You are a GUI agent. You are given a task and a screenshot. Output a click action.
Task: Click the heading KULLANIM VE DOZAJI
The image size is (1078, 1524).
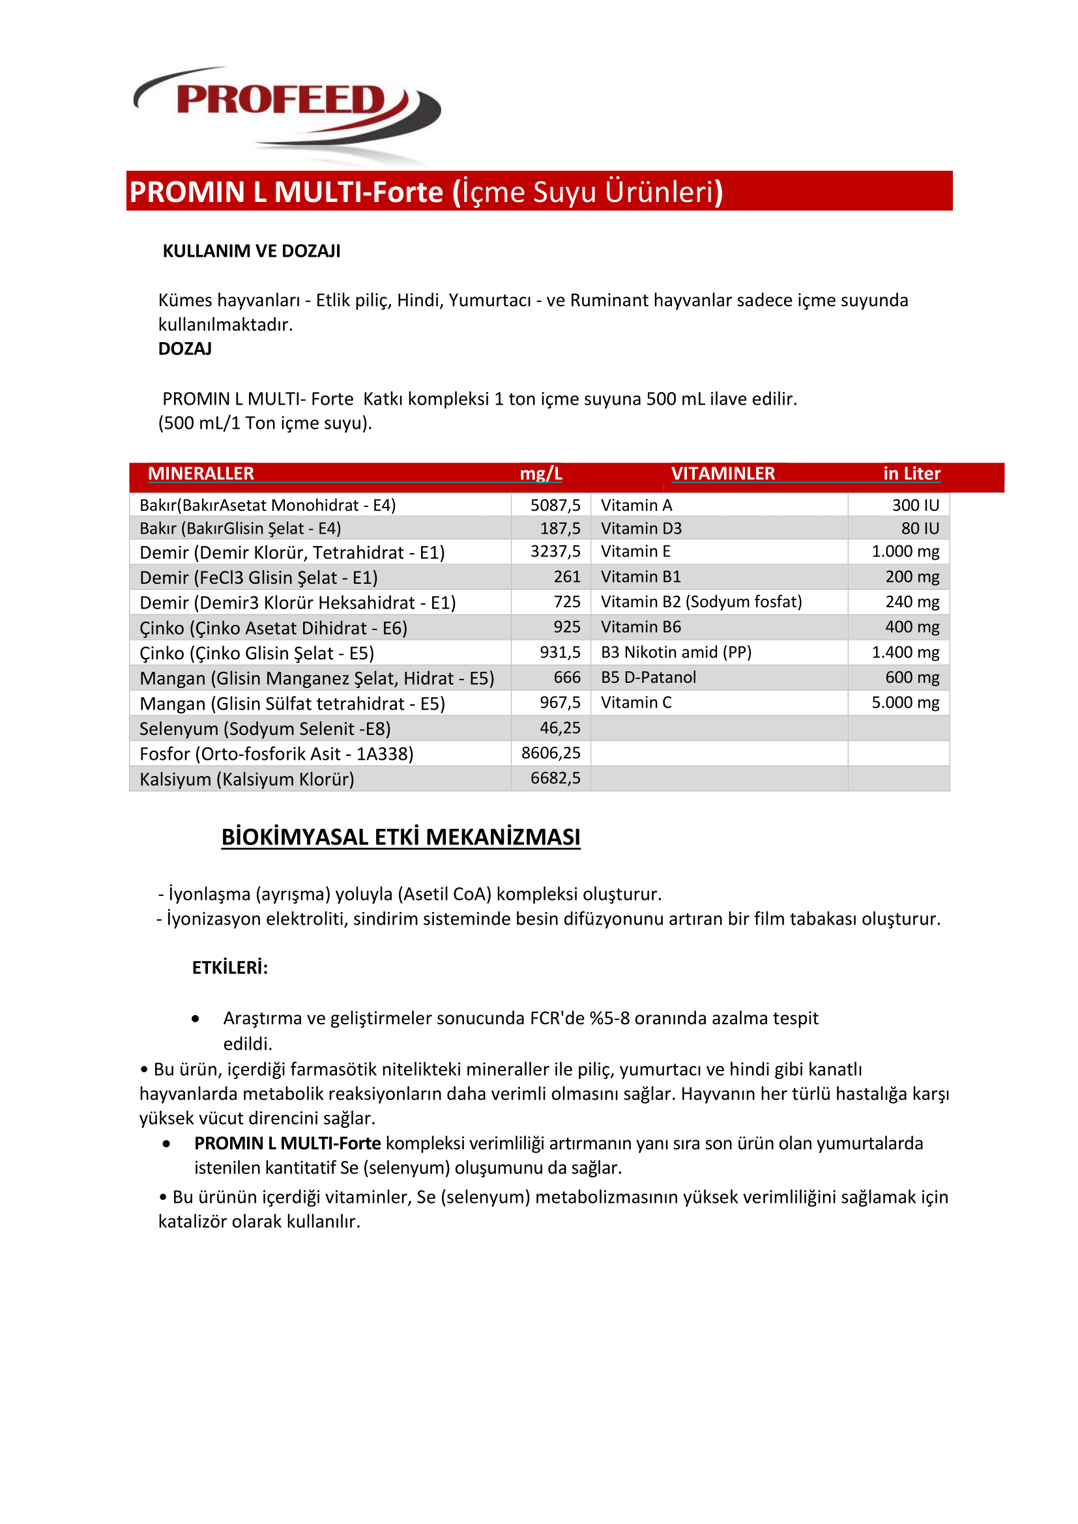[x=251, y=251]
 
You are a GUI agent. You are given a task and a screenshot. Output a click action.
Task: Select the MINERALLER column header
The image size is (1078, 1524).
[x=201, y=473]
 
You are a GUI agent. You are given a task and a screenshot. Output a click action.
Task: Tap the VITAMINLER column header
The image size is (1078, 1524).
[x=722, y=473]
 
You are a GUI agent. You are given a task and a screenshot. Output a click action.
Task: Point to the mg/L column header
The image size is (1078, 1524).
[x=540, y=473]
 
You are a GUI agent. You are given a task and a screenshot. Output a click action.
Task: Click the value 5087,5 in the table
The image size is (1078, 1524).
[x=555, y=505]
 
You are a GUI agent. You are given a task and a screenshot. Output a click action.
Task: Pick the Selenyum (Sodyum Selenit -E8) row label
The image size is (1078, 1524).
[x=265, y=729]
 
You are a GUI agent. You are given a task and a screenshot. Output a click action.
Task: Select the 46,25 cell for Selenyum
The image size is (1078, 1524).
[x=560, y=728]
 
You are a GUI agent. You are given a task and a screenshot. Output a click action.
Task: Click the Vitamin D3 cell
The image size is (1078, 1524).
[x=641, y=528]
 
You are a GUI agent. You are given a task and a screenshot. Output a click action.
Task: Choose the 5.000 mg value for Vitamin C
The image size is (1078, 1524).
[x=905, y=702]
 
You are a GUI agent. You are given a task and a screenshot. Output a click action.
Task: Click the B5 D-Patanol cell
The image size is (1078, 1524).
[x=648, y=677]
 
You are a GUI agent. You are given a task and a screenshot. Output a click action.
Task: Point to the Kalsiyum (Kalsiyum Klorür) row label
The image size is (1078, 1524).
[x=246, y=779]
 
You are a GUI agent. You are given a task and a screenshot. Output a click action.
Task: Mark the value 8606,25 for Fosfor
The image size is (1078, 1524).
[x=550, y=753]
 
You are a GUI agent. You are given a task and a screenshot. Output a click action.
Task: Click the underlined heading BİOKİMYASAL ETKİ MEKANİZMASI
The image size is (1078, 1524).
[x=400, y=837]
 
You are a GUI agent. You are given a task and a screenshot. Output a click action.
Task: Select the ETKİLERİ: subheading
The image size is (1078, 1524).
[x=229, y=968]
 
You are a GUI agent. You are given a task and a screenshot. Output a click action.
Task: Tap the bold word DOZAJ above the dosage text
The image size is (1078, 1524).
[x=184, y=349]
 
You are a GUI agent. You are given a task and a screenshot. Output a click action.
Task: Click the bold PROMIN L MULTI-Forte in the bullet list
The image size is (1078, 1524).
[x=287, y=1143]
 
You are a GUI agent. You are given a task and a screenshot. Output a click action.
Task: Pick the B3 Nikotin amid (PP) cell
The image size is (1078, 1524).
[x=676, y=652]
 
